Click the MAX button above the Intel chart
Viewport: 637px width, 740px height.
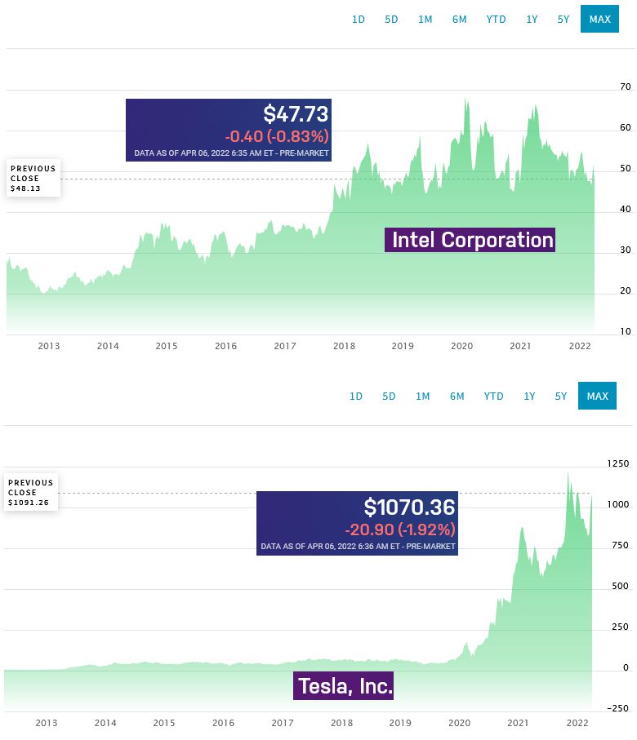pos(599,19)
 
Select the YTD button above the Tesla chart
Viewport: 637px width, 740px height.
pos(493,396)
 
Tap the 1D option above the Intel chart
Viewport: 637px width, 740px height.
pos(359,20)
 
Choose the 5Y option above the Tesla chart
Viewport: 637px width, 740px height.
pos(561,396)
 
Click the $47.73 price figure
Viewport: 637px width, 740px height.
pos(296,114)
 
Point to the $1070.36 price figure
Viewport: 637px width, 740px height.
pos(409,507)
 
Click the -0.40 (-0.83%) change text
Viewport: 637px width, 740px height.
pos(277,136)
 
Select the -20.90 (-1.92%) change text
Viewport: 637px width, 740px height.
pos(400,530)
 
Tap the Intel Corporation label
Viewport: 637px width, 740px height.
pos(473,240)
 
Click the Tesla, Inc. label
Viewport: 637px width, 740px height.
pos(345,685)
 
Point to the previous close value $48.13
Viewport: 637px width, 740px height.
pos(25,188)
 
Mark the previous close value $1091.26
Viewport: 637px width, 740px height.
pos(29,503)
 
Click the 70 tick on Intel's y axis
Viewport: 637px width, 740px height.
pos(626,86)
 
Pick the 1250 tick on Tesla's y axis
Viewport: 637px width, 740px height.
pos(618,463)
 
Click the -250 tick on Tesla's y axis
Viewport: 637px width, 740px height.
pos(618,708)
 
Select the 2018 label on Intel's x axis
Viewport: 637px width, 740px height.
pos(344,346)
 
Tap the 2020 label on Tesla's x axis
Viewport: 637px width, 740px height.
pos(459,723)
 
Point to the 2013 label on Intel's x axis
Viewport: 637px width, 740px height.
pos(49,346)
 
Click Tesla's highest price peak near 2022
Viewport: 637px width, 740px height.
pos(568,472)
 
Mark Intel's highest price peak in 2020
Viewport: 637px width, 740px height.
pos(465,99)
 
